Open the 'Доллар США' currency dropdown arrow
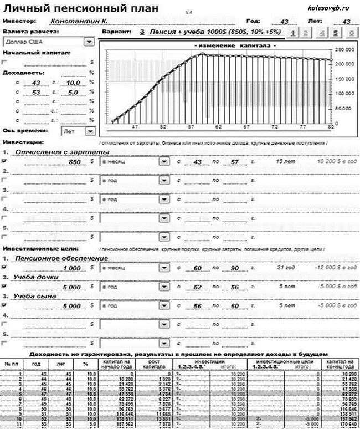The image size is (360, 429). pyautogui.click(x=88, y=42)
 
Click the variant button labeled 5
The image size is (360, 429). pyautogui.click(x=336, y=33)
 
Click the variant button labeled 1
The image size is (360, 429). pyautogui.click(x=292, y=33)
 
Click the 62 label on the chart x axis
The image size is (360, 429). pyautogui.click(x=219, y=127)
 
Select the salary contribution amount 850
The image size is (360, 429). pyautogui.click(x=74, y=162)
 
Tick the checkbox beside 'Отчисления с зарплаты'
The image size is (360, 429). pyautogui.click(x=5, y=161)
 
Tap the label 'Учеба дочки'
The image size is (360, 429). pyautogui.click(x=37, y=277)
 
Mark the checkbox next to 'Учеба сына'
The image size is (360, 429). pyautogui.click(x=5, y=305)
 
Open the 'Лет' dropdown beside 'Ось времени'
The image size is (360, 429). pyautogui.click(x=89, y=132)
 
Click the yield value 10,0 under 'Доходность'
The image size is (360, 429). pyautogui.click(x=58, y=83)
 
